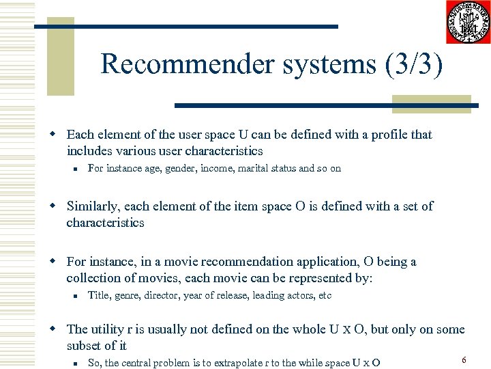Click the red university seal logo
(468, 23)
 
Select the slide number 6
(464, 359)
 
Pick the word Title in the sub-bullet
(99, 295)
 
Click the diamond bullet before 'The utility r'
(59, 329)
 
